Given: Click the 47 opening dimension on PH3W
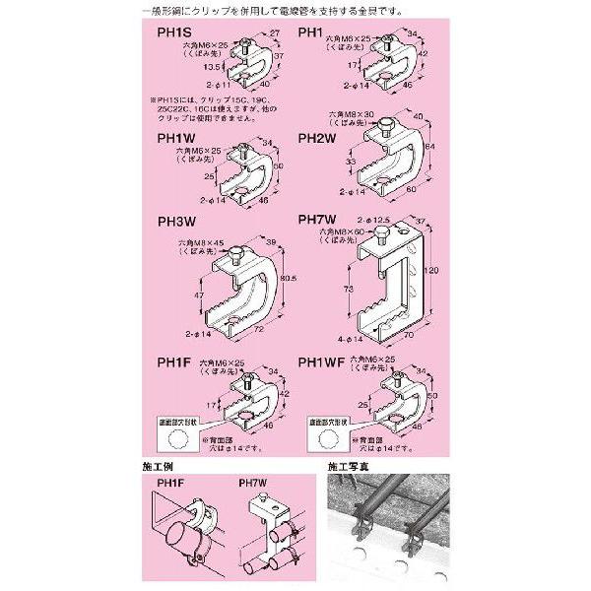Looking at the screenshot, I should [x=200, y=295].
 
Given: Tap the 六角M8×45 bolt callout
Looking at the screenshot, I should [x=198, y=241].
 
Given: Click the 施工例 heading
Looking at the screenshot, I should [x=161, y=460].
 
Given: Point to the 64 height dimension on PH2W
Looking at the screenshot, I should [x=429, y=150].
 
